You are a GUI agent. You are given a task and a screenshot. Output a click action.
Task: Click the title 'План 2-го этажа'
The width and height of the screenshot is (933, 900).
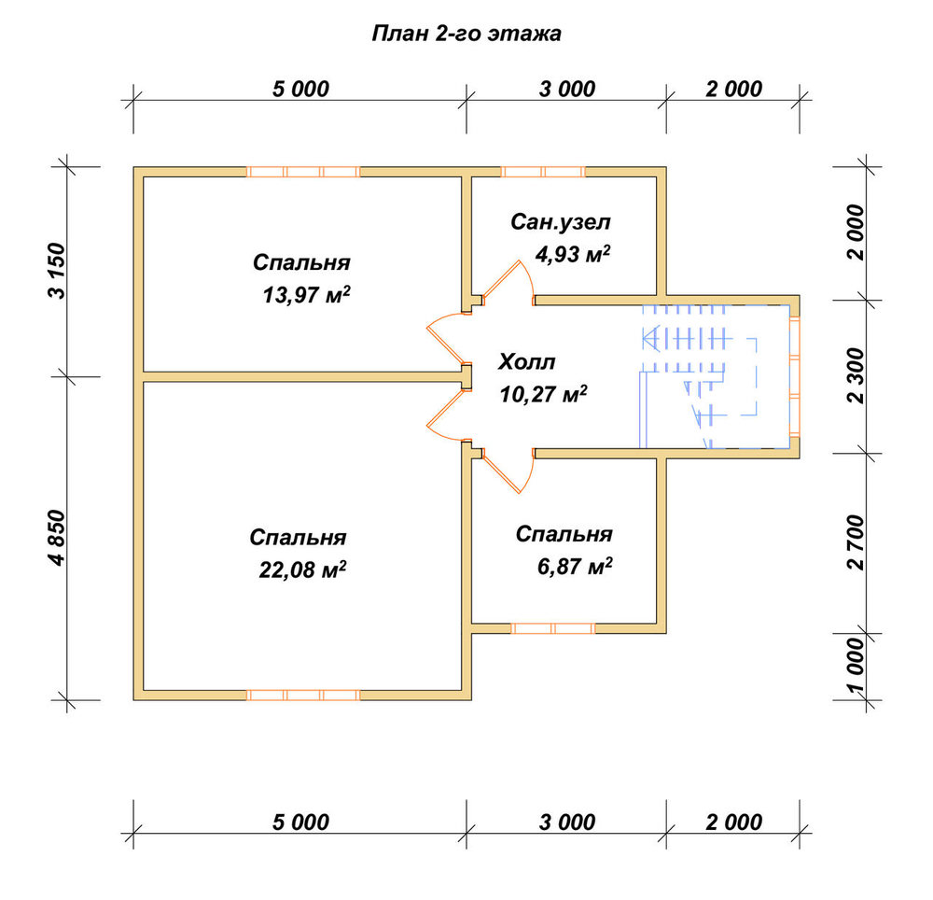point(466,34)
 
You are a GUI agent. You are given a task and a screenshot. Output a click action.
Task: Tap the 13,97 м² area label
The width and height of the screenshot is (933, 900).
point(306,295)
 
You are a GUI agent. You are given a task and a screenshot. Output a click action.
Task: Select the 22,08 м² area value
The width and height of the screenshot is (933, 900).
point(303,570)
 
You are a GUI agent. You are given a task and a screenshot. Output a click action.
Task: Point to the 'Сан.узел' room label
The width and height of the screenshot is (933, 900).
point(561,222)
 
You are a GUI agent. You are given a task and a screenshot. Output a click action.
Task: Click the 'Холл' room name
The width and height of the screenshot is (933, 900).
point(526,361)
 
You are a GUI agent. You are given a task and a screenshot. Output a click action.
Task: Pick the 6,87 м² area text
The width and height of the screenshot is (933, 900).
point(575,566)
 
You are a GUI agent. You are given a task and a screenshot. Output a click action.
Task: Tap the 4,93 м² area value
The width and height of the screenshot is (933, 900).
point(573,254)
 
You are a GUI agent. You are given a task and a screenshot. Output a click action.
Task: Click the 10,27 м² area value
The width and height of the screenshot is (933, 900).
point(543,394)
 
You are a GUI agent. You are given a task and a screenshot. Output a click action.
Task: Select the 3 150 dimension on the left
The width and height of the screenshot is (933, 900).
point(57,271)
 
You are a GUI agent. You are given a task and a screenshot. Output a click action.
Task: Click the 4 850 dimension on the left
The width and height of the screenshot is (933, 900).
point(57,538)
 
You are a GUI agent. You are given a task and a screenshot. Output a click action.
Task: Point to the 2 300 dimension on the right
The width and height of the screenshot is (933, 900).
point(856,376)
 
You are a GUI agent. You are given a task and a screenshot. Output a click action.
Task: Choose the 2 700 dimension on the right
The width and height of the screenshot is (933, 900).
point(856,542)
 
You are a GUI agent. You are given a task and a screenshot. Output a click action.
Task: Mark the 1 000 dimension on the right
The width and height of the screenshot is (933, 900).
point(856,666)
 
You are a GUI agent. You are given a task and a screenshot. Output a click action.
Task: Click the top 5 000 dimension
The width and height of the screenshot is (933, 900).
point(300,90)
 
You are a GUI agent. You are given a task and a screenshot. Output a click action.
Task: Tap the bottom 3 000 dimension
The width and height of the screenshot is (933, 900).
point(567,823)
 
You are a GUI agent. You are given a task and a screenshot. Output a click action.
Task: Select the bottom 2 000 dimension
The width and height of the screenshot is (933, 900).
point(733,823)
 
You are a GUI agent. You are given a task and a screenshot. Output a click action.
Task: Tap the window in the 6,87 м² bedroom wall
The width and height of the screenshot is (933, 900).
point(552,628)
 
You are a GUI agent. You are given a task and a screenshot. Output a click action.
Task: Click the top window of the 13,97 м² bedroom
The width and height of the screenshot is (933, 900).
point(303,172)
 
